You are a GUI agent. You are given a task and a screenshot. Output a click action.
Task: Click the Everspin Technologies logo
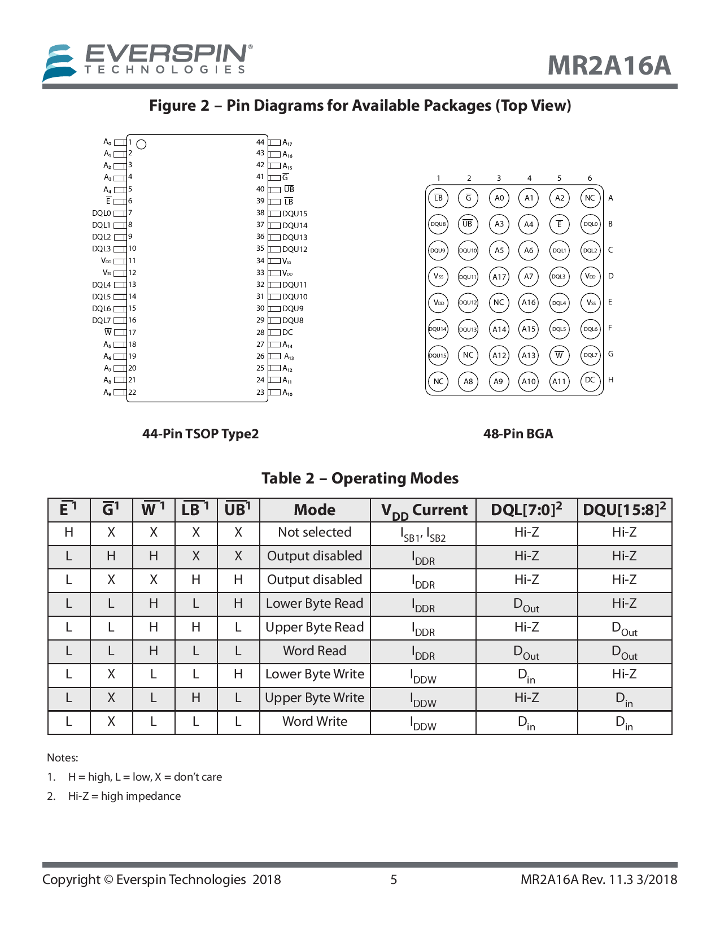pyautogui.click(x=147, y=61)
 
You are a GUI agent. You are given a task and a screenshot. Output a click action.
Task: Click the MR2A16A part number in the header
pyautogui.click(x=609, y=66)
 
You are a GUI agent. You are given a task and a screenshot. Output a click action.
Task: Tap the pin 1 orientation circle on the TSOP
pyautogui.click(x=142, y=145)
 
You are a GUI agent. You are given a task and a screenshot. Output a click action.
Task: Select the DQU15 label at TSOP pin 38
pyautogui.click(x=295, y=214)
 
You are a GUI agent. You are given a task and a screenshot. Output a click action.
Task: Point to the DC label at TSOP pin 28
pyautogui.click(x=287, y=333)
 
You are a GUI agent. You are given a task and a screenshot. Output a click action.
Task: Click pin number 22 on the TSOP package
pyautogui.click(x=132, y=393)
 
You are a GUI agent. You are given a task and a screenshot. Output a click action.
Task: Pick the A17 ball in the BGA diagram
pyautogui.click(x=499, y=277)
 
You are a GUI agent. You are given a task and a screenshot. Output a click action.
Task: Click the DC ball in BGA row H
pyautogui.click(x=590, y=381)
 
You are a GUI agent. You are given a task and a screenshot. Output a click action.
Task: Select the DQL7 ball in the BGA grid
pyautogui.click(x=590, y=355)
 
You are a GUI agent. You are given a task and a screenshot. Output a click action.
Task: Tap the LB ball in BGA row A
pyautogui.click(x=438, y=198)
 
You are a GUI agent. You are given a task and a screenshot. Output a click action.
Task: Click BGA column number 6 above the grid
pyautogui.click(x=590, y=178)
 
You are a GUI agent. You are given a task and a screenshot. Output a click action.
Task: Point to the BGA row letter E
pyautogui.click(x=610, y=302)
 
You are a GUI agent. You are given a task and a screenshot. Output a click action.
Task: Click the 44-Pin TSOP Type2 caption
pyautogui.click(x=200, y=434)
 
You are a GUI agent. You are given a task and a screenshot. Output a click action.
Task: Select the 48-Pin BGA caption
pyautogui.click(x=518, y=434)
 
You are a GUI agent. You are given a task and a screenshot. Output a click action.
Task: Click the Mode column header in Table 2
pyautogui.click(x=315, y=510)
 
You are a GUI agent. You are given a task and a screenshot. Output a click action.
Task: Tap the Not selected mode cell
pyautogui.click(x=315, y=533)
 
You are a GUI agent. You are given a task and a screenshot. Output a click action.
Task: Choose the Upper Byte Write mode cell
pyautogui.click(x=315, y=698)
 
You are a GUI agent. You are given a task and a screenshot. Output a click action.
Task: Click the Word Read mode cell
pyautogui.click(x=315, y=651)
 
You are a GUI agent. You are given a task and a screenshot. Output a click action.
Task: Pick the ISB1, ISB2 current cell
pyautogui.click(x=423, y=534)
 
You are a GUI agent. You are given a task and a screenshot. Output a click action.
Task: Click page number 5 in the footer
pyautogui.click(x=394, y=879)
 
